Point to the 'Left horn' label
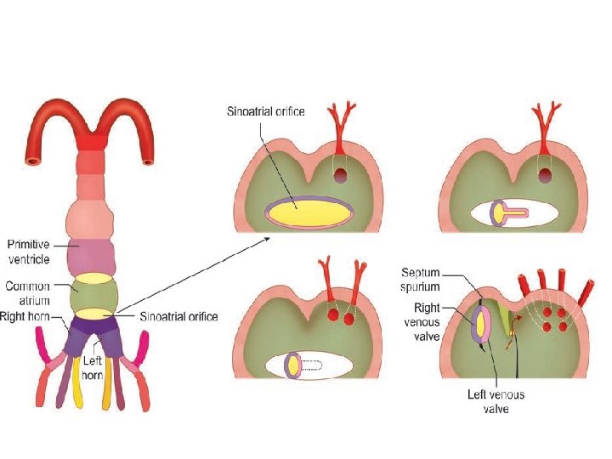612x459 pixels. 92,365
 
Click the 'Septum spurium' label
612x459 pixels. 422,278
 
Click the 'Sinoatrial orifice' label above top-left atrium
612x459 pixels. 265,111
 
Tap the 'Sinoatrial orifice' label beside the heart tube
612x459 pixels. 178,316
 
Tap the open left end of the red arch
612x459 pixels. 31,157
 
